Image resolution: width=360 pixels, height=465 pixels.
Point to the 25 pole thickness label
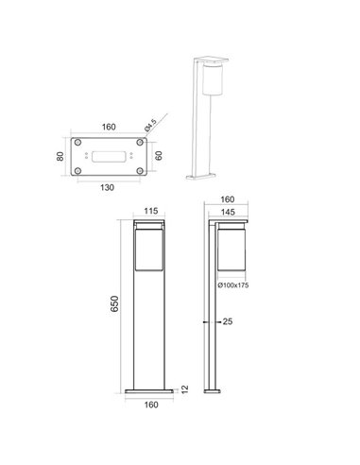[227, 322]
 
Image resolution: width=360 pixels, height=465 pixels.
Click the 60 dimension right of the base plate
[158, 155]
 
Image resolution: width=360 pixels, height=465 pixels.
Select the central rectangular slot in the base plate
[111, 155]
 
